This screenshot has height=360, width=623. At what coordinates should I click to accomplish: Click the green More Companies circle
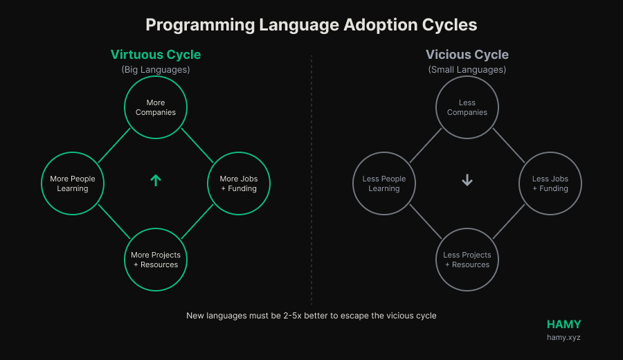pos(156,107)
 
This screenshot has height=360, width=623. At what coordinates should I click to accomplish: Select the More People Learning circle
pos(73,183)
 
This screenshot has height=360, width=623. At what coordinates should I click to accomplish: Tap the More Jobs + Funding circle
pos(239,183)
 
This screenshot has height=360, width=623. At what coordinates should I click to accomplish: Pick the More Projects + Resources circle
pos(156,260)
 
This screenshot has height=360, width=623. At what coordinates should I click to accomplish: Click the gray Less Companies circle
pos(467,107)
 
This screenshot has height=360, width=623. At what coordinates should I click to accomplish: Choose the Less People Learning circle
pos(384,183)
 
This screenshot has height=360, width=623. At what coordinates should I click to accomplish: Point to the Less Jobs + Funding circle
pos(550,183)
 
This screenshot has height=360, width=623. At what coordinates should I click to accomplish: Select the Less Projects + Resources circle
pos(467,260)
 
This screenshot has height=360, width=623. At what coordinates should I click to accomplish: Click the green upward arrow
pos(156,181)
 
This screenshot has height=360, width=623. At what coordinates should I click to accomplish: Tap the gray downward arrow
pos(467,181)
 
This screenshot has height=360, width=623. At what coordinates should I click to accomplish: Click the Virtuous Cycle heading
pos(156,55)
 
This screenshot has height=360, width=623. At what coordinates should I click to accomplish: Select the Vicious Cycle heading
pos(467,55)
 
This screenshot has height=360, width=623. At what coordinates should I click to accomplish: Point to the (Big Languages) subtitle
pos(156,70)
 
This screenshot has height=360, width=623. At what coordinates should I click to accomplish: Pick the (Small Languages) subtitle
pos(467,70)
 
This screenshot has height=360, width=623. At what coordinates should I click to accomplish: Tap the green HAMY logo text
pos(563,324)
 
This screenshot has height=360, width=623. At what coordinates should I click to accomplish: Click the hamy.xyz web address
pos(563,338)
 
